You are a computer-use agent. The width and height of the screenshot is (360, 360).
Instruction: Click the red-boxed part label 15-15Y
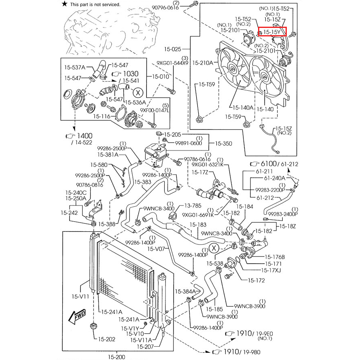tap(273, 32)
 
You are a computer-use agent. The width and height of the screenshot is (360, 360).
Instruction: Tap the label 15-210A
tap(202, 63)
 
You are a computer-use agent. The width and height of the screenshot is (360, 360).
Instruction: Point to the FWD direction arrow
tap(76, 318)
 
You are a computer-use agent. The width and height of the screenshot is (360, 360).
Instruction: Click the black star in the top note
tap(64, 4)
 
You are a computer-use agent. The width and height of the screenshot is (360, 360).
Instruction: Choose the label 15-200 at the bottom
tap(117, 356)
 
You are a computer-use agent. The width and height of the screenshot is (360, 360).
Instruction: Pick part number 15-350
tap(223, 143)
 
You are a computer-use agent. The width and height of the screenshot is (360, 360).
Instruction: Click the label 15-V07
tap(156, 249)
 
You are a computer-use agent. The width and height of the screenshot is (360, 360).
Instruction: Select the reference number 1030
tap(130, 74)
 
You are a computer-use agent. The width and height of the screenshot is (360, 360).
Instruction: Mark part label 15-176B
tap(275, 257)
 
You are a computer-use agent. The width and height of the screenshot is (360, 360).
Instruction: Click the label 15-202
tap(107, 339)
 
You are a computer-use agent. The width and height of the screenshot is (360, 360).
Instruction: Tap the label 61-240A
tap(275, 178)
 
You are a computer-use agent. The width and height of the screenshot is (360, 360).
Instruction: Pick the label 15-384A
tap(185, 291)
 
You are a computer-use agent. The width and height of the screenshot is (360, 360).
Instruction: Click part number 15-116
tap(102, 116)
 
